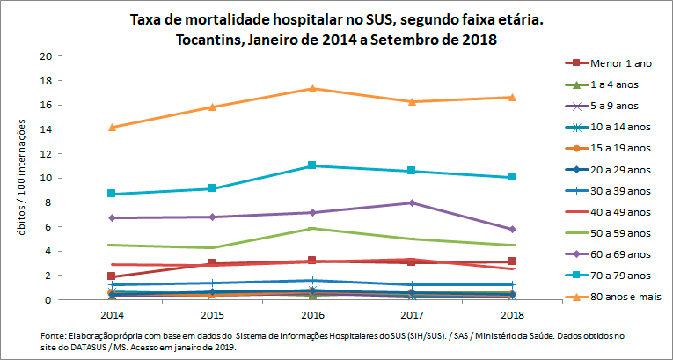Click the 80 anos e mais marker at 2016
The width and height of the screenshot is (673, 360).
[x=313, y=88]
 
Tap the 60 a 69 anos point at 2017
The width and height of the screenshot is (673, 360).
[x=413, y=202]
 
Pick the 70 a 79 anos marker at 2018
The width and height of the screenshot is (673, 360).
[x=512, y=177]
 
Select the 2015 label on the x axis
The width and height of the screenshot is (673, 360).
[x=212, y=314]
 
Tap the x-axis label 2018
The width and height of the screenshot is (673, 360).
[x=512, y=314]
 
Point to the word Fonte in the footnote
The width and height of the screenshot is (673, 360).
[x=54, y=336]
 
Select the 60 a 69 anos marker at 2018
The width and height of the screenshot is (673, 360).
[x=512, y=229]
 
